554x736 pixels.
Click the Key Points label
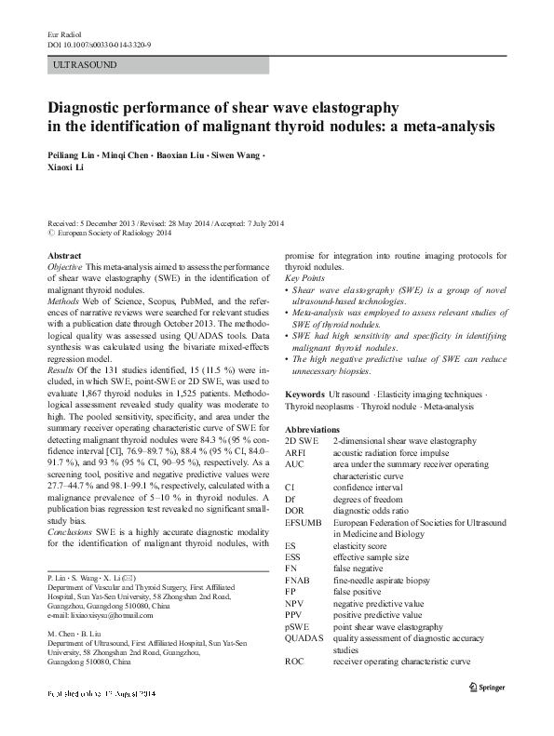click(x=304, y=278)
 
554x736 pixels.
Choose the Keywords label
click(x=306, y=395)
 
